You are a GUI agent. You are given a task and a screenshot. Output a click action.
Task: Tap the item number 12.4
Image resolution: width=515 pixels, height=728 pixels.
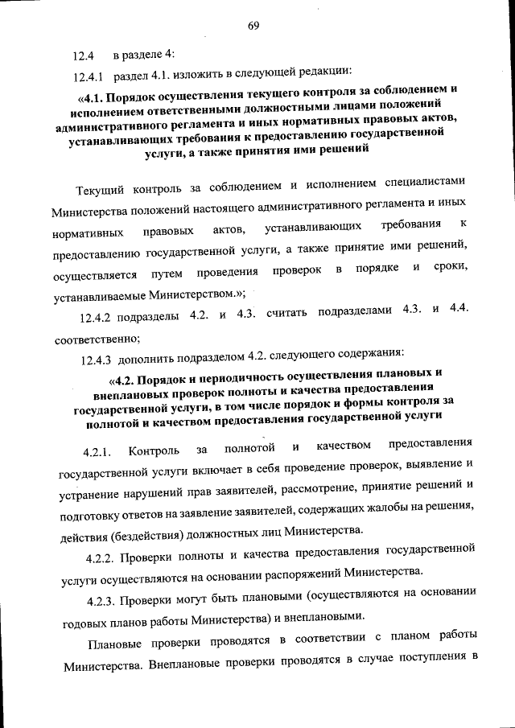84,56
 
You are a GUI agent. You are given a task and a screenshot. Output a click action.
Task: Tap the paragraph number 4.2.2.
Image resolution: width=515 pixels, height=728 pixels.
104,553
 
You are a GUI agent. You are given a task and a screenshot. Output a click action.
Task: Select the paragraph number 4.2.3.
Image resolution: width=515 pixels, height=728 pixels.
105,596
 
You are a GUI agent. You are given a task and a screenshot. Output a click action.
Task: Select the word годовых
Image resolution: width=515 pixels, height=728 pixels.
86,619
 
